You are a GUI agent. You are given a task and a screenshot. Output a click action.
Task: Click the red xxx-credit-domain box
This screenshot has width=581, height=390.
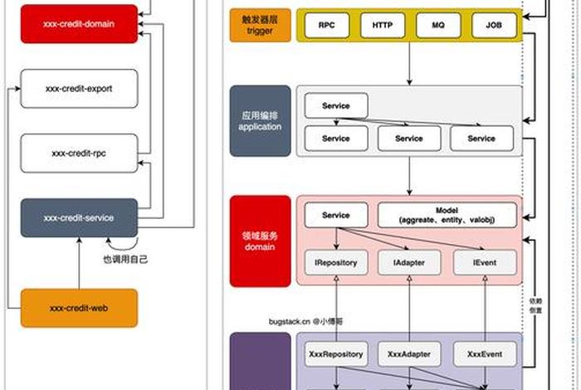click(x=78, y=25)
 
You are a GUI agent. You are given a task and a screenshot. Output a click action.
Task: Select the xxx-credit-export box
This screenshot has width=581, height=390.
click(x=78, y=88)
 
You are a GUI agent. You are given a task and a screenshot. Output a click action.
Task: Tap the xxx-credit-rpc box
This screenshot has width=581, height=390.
click(x=78, y=153)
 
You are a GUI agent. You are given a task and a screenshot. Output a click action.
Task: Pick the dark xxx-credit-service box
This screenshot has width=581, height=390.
click(x=78, y=217)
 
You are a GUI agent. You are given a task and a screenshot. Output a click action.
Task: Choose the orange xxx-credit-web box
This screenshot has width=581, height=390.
click(x=78, y=308)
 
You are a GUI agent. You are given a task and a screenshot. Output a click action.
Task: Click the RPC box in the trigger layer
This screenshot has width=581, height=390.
click(x=326, y=26)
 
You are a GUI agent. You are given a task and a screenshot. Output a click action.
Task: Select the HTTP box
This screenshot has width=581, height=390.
click(x=382, y=26)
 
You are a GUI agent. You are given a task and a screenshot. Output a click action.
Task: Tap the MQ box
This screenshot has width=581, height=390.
click(x=438, y=26)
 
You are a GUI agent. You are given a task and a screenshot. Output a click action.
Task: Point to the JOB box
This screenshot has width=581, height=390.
click(x=494, y=26)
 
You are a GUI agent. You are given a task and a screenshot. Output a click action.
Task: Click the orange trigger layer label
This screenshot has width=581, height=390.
click(x=260, y=26)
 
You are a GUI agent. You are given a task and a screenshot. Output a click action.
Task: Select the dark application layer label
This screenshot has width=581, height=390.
click(x=260, y=121)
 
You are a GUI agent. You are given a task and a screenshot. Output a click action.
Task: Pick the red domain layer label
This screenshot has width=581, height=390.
click(x=260, y=241)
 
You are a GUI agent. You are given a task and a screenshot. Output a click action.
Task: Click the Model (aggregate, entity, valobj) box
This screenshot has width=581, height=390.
click(x=447, y=216)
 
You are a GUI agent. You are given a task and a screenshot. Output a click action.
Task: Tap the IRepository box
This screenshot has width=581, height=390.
click(x=335, y=262)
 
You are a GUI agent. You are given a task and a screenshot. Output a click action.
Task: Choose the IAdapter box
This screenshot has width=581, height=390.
click(x=402, y=262)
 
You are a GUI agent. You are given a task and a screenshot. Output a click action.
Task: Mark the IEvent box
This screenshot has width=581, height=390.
click(x=485, y=262)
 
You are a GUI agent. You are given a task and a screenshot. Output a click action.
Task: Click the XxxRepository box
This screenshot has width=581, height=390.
click(x=335, y=354)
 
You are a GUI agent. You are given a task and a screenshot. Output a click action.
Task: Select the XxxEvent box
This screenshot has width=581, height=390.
click(x=485, y=354)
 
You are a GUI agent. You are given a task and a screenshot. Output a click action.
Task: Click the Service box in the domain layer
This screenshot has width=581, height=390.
click(x=335, y=215)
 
